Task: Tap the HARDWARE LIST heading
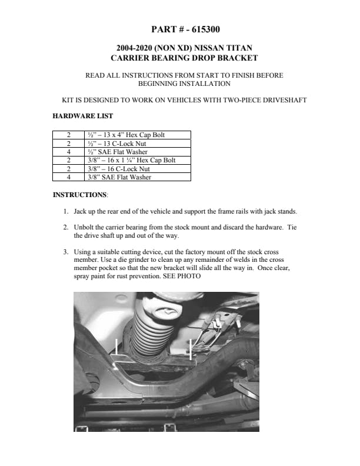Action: [83, 116]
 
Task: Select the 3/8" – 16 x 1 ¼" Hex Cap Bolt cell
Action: [131, 159]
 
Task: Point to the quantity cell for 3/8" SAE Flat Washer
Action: [69, 177]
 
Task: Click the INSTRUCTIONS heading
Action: [80, 194]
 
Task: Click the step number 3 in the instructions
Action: [65, 252]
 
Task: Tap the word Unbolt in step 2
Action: [85, 227]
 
